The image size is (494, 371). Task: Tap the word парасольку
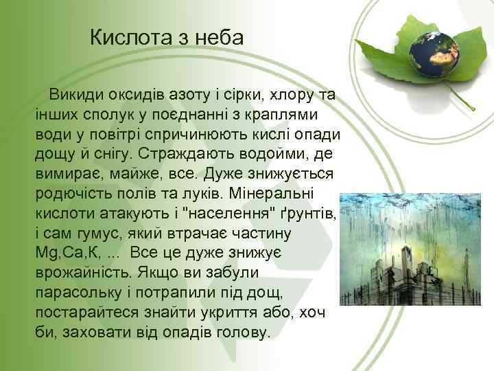click(86, 293)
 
